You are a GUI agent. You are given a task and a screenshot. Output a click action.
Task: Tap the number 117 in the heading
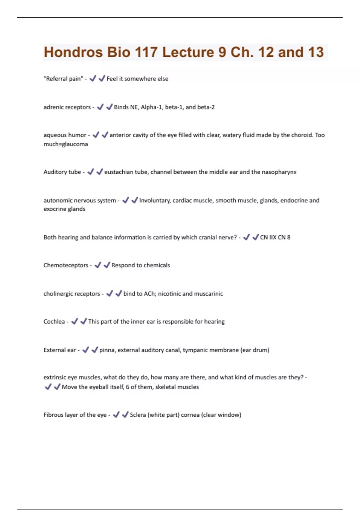point(146,52)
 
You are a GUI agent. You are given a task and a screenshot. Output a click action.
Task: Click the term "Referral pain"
point(63,79)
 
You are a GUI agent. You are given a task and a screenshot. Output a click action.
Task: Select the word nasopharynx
point(279,172)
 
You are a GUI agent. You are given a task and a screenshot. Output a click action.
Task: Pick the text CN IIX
point(268,237)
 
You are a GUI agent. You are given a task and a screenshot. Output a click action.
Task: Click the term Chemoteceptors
point(66,265)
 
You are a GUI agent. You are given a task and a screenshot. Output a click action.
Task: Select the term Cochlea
point(54,322)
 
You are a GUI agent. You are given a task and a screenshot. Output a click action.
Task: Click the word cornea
point(190,415)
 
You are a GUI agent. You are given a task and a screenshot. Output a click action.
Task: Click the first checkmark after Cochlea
point(74,321)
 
